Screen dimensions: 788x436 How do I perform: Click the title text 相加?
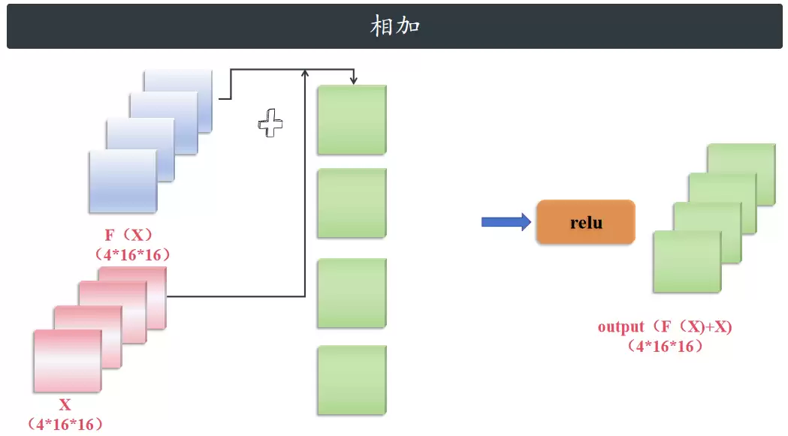point(395,26)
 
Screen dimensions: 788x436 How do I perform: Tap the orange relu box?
point(586,222)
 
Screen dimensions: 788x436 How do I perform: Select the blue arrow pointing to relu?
point(506,222)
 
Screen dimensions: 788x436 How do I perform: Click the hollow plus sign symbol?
point(270,123)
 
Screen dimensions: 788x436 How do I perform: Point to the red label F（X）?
point(128,235)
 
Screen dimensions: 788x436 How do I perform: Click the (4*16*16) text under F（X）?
point(133,254)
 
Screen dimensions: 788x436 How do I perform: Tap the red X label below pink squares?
point(65,405)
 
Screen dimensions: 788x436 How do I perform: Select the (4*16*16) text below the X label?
point(65,425)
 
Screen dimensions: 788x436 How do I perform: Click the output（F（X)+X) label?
point(665,327)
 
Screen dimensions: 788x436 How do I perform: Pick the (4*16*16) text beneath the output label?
point(666,346)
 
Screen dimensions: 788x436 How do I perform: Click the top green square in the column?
point(352,120)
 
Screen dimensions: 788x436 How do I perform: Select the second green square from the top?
point(352,203)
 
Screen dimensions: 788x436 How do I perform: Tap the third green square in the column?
point(352,293)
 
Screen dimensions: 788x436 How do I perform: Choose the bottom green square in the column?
point(352,380)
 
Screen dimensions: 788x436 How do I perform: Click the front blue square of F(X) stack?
point(123,182)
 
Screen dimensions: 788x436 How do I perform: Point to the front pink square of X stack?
point(68,361)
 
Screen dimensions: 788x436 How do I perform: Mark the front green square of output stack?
point(687,262)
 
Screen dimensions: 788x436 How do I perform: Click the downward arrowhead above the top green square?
point(354,80)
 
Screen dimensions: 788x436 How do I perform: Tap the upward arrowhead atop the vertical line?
point(304,74)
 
